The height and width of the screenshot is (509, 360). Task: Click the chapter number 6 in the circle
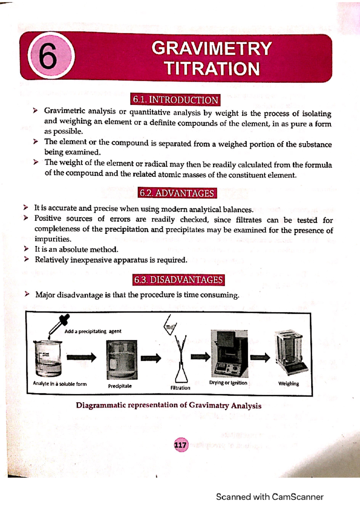pos(48,55)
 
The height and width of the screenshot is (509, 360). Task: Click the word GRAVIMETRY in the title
pos(211,48)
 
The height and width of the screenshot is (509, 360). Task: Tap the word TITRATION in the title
pos(211,68)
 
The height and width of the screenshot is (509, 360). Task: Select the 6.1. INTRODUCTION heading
pos(175,100)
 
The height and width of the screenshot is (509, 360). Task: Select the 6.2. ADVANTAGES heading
pos(177,193)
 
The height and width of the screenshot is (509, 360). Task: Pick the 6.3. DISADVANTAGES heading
pos(178,280)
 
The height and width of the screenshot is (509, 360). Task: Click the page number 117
pos(180,445)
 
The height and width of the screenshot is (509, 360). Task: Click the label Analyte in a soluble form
pos(60,384)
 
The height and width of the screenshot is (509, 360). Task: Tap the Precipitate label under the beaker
pos(120,386)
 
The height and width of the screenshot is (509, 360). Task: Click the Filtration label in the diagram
pos(180,388)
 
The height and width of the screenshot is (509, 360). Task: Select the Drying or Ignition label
pos(228,383)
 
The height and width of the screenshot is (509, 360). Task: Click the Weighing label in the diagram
pos(288,384)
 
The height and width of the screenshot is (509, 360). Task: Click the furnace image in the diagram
pos(229,354)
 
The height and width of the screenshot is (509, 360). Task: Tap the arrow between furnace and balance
pos(260,357)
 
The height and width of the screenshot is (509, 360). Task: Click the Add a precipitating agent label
pos(93,332)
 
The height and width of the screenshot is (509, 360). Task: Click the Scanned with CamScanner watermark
pos(269,497)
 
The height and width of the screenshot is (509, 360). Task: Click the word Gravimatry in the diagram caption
pos(209,406)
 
